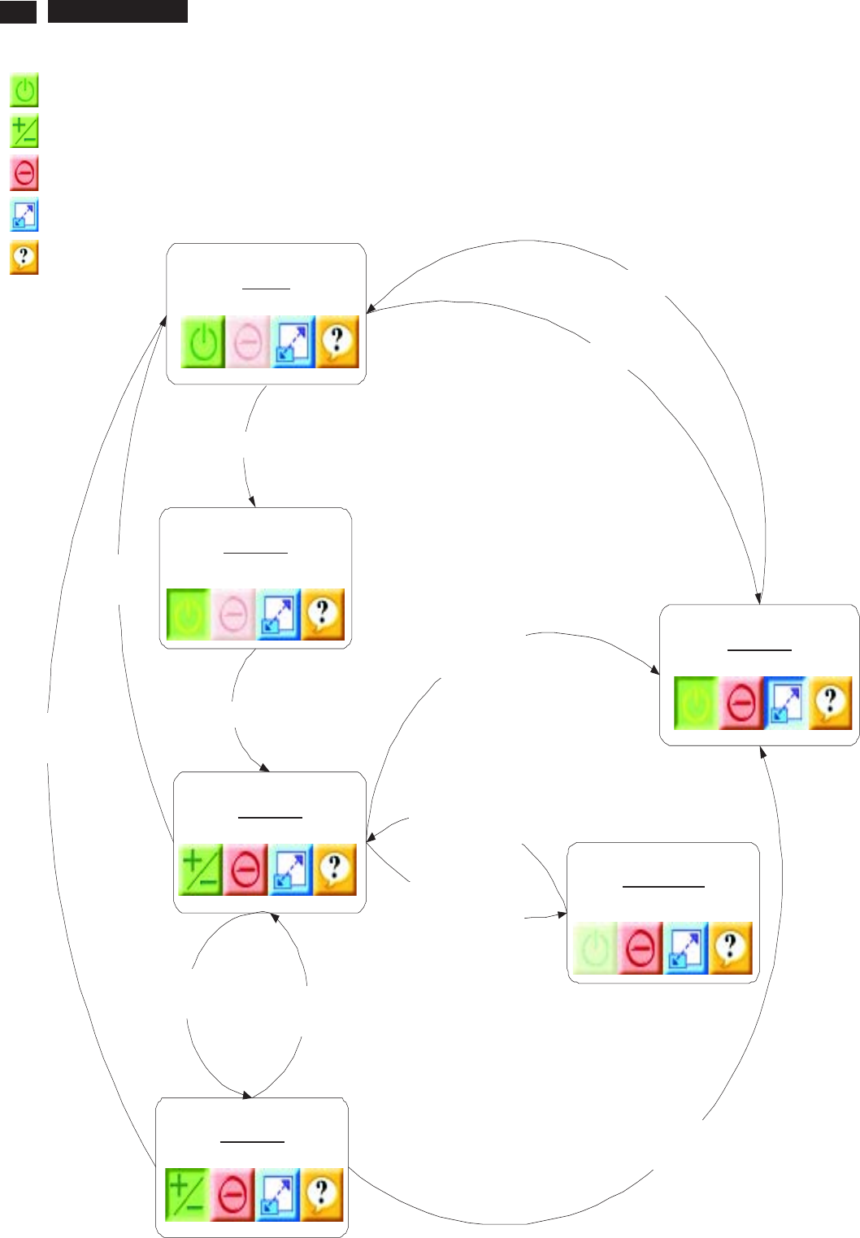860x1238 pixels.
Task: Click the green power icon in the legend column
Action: click(x=24, y=90)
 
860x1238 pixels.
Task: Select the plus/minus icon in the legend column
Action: click(x=24, y=132)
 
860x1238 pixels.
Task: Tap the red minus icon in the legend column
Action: click(x=24, y=174)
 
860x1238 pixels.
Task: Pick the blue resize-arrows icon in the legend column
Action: click(x=24, y=216)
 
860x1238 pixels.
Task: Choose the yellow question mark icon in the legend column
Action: click(x=24, y=258)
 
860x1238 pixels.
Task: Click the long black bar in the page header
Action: click(x=118, y=11)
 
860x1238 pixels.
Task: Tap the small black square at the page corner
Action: click(x=18, y=11)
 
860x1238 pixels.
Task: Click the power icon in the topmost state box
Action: click(x=203, y=343)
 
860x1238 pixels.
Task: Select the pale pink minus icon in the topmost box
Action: click(x=248, y=343)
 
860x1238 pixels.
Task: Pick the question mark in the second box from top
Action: click(x=323, y=614)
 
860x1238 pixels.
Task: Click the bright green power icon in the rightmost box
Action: click(x=696, y=703)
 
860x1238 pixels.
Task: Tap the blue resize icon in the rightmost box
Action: click(x=785, y=703)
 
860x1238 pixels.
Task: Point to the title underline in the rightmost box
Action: click(x=759, y=650)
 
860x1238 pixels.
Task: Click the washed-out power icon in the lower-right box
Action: click(x=596, y=948)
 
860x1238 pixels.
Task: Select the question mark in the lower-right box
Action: click(x=730, y=948)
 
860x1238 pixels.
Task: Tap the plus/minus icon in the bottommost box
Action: click(x=187, y=1195)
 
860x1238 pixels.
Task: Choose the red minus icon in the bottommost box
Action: click(x=232, y=1195)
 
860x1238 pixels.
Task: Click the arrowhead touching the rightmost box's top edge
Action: click(x=759, y=599)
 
